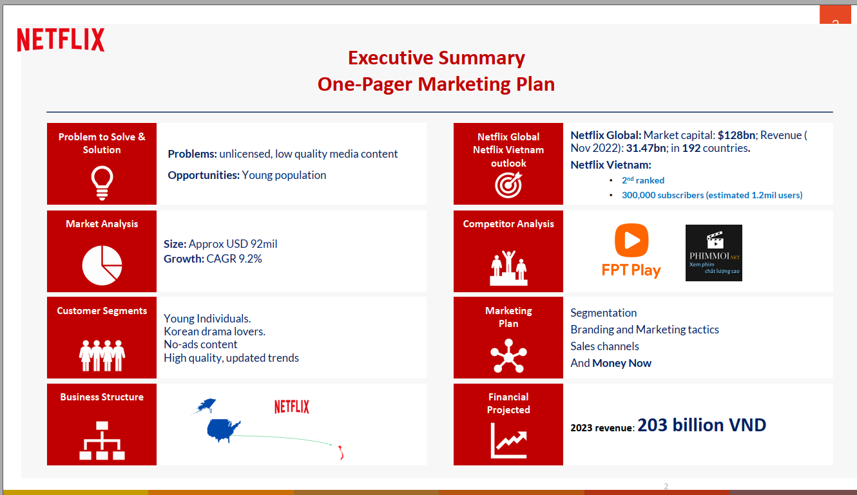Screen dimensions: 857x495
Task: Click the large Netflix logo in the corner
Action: [x=61, y=39]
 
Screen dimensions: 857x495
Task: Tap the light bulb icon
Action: [x=102, y=183]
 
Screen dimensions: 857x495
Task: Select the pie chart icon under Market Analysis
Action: [x=102, y=265]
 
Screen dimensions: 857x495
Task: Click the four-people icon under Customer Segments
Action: [x=102, y=355]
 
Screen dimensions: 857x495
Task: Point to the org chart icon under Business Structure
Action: [x=102, y=440]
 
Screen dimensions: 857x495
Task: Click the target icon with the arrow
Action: [x=508, y=185]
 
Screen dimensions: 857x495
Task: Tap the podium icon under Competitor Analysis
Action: [x=508, y=268]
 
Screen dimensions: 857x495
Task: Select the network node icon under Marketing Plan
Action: [x=508, y=355]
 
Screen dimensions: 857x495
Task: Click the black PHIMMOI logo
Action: [x=714, y=253]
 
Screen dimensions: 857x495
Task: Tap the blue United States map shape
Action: [x=224, y=431]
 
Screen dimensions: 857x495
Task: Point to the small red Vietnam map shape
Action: [x=341, y=453]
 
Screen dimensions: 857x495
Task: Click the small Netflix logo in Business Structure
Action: [x=291, y=407]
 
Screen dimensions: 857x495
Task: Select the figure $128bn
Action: [x=737, y=135]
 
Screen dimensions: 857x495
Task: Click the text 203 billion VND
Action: [x=702, y=425]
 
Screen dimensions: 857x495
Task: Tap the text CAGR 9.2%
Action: [x=234, y=259]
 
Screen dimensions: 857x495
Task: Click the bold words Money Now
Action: [x=622, y=363]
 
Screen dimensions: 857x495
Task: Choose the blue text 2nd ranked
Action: [x=643, y=180]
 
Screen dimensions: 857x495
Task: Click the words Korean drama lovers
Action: [x=215, y=332]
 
